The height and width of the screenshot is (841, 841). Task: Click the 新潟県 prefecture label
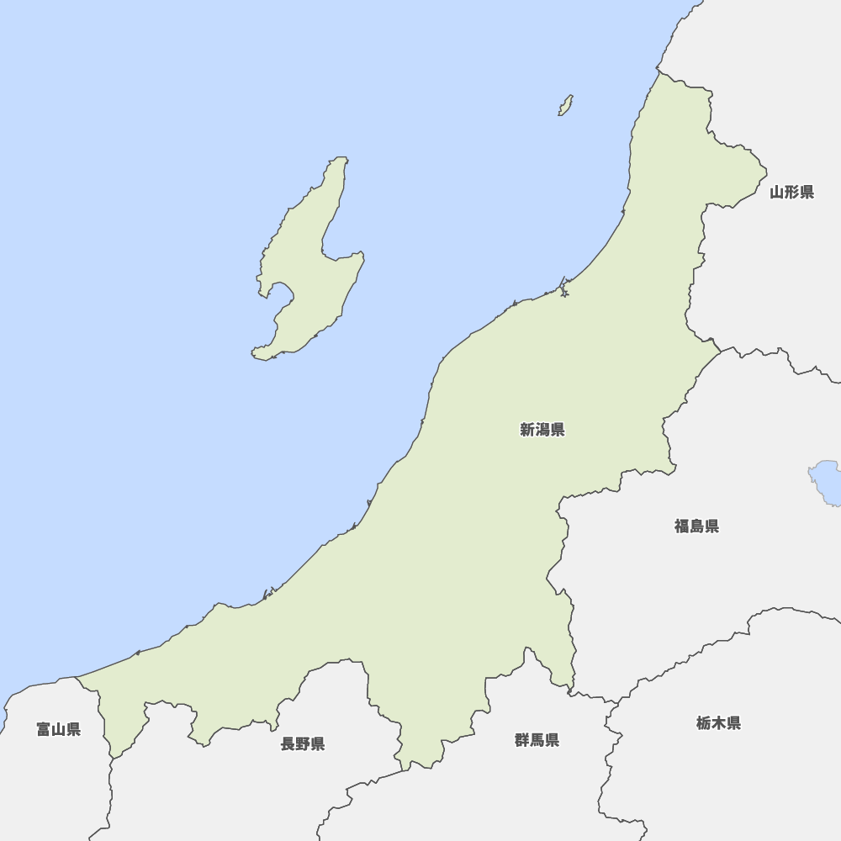tap(542, 431)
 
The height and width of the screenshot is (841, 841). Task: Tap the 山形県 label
tap(791, 193)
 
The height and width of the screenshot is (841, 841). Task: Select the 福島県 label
tap(696, 526)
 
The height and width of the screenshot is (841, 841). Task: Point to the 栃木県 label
tap(718, 723)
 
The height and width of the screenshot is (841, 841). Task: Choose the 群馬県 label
tap(537, 740)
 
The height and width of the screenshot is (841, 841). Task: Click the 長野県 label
tap(303, 743)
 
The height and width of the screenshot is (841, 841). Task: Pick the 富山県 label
tap(59, 729)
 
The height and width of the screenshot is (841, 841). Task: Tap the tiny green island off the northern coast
tap(566, 106)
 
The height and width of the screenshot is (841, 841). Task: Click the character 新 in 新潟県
tap(527, 431)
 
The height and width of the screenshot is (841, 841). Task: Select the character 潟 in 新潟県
tap(542, 431)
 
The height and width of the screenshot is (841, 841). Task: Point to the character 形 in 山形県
tap(791, 193)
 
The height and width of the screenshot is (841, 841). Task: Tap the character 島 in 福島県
tap(696, 526)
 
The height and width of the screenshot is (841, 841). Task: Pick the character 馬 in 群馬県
tap(537, 740)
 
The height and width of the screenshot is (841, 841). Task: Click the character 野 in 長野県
tap(303, 743)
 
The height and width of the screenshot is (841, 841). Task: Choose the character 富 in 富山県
tap(44, 729)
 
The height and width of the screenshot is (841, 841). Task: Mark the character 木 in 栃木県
tap(718, 723)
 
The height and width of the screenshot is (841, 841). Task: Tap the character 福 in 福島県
tap(681, 526)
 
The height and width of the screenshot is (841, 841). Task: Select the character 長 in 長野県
tap(288, 743)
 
